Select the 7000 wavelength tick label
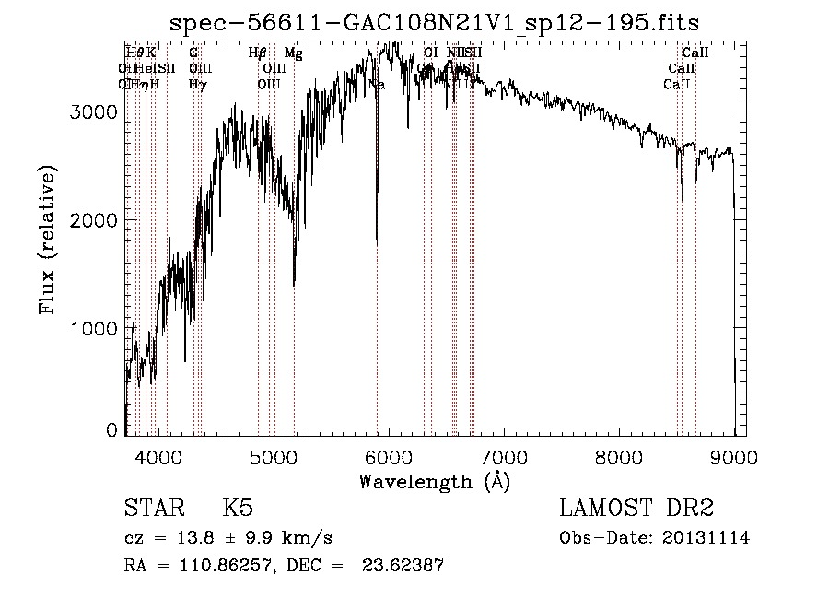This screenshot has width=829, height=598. pos(504,456)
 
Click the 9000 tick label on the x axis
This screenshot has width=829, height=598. pos(734,456)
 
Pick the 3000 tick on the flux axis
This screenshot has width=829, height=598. pos(96,111)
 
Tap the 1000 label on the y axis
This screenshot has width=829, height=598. pos(96,329)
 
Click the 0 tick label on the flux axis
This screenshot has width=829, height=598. pos(111,430)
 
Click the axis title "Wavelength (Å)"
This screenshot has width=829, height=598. pos(434,480)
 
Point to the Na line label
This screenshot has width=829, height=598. pos(376,85)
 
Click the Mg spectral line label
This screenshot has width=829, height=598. pos(293,53)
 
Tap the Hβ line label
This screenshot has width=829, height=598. pos(258,53)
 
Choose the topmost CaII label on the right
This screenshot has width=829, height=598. pos(695,53)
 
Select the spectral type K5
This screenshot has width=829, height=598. pos(238,509)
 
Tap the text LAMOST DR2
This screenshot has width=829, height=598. pos(636,509)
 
